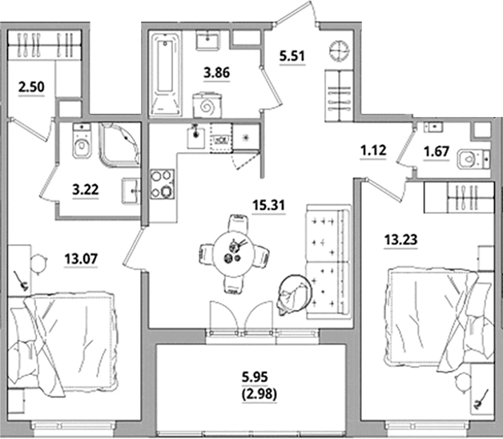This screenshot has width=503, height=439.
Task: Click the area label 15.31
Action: pos(268,205)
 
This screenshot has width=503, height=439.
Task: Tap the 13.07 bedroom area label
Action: pos(81,259)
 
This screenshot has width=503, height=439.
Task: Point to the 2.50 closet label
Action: pos(31,87)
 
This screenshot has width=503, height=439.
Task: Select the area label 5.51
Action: pos(292,56)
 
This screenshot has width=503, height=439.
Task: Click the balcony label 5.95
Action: pos(255,377)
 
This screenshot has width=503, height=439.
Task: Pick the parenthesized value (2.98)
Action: pos(259,394)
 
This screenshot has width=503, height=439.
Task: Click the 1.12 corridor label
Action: pos(373,150)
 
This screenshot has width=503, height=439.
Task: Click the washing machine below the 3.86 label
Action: pos(207,105)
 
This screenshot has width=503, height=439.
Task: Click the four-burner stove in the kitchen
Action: pos(163,184)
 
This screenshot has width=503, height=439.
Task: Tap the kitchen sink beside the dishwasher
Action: pos(196,136)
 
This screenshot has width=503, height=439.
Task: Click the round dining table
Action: pos(235,253)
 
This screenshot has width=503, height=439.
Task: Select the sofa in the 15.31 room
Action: pos(328,262)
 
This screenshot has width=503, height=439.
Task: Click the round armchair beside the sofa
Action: pos(294,294)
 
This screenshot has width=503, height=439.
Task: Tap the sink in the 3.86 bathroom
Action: pos(208,40)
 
